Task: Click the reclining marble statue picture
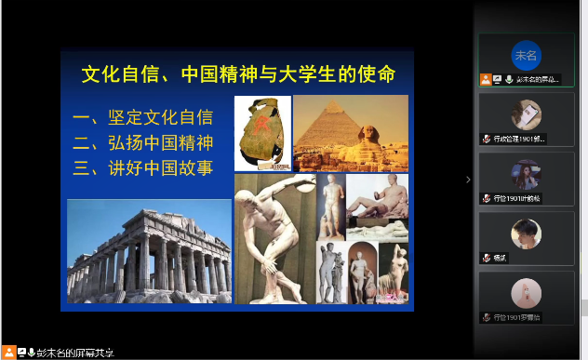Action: [x=377, y=199]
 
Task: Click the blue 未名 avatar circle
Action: [x=526, y=55]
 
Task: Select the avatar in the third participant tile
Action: [x=526, y=173]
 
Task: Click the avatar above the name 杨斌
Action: [x=526, y=233]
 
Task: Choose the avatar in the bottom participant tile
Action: [x=526, y=292]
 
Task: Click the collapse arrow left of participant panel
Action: [x=468, y=180]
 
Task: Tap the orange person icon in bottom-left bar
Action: [x=7, y=353]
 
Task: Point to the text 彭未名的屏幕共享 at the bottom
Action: [x=75, y=353]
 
